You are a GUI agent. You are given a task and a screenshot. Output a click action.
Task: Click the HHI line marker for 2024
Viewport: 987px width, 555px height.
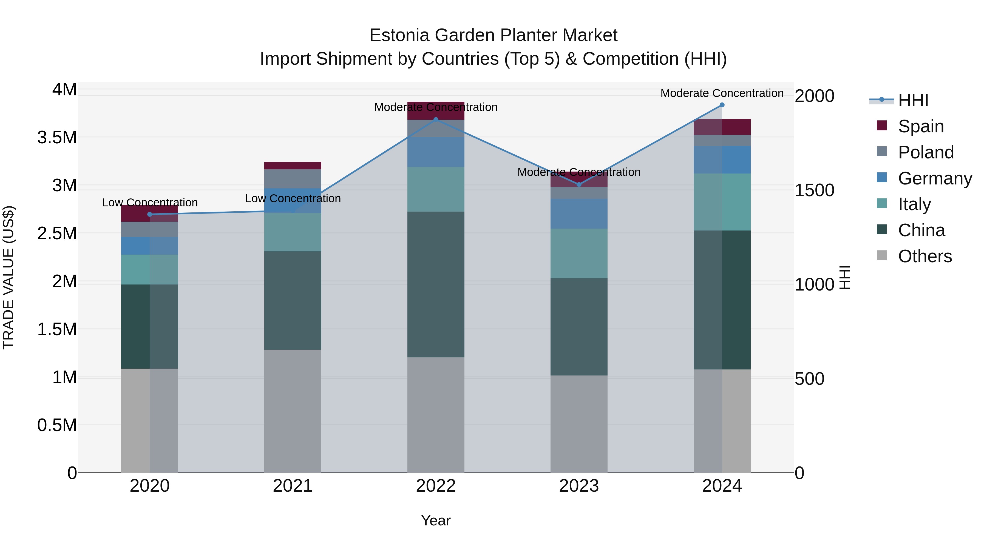[x=722, y=105]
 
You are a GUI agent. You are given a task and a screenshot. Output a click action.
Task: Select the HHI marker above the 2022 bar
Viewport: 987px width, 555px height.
[x=436, y=119]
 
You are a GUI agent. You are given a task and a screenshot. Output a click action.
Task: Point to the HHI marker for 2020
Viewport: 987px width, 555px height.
[x=150, y=214]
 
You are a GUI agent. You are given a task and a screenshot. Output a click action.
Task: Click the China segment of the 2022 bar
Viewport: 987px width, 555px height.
[x=436, y=284]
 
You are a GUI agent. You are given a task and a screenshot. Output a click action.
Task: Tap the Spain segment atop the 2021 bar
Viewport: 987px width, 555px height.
[x=293, y=166]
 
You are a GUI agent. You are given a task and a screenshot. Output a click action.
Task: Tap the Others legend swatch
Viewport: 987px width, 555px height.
[x=882, y=255]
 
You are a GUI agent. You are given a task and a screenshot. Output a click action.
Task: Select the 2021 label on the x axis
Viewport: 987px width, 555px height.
[x=293, y=486]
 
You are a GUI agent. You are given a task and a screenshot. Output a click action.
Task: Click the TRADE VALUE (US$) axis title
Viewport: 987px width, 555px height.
[x=8, y=277]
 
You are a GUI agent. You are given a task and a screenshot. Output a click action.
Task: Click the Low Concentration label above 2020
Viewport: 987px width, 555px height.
[x=150, y=203]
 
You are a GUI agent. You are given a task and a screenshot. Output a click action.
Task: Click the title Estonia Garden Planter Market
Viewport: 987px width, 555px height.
[x=493, y=35]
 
